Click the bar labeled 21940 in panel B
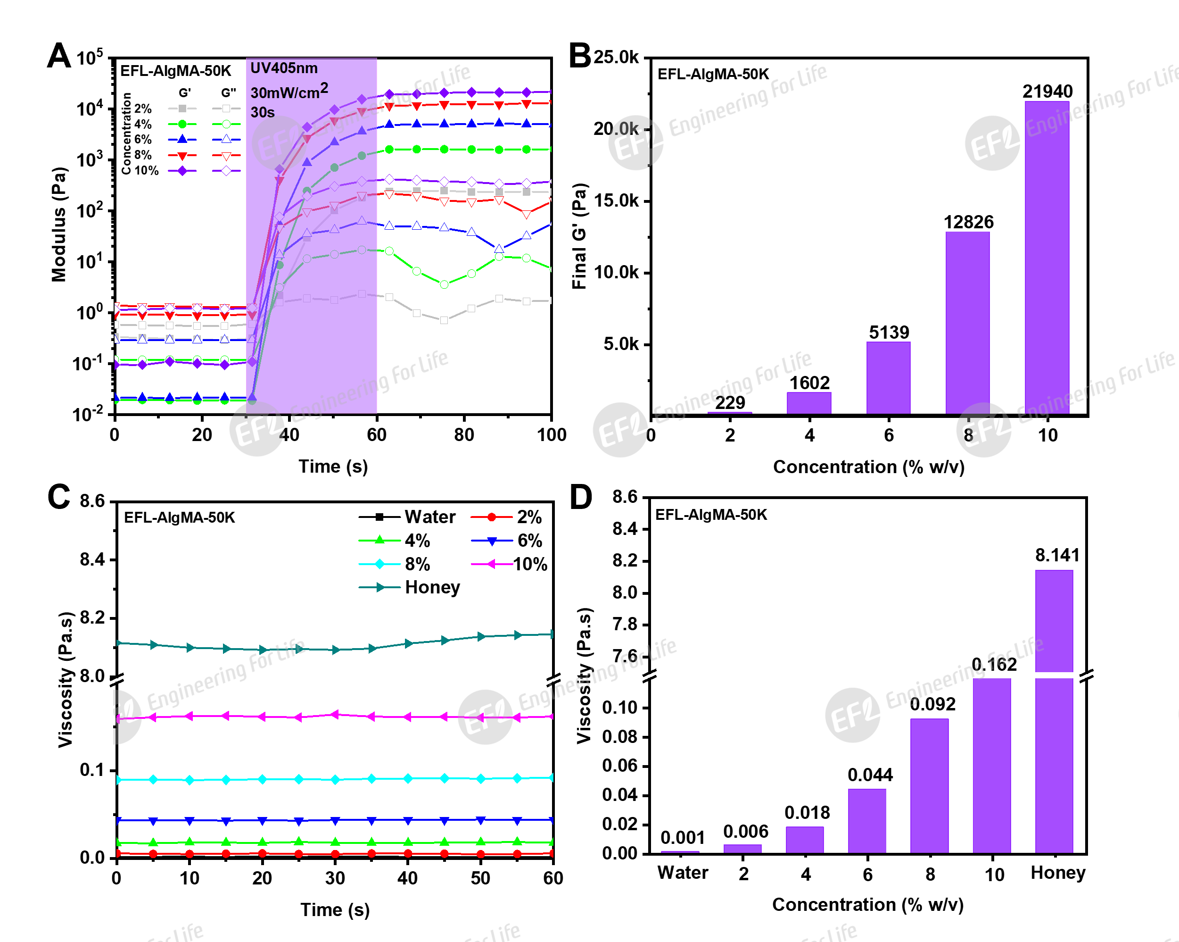(x=1047, y=257)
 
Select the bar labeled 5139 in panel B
(x=888, y=377)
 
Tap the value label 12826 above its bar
(x=968, y=222)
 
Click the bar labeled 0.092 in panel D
(x=929, y=785)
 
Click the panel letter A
(x=59, y=56)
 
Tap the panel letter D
(x=581, y=497)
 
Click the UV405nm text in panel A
(x=284, y=68)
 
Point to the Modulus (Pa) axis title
(x=58, y=224)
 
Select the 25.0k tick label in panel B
(x=616, y=57)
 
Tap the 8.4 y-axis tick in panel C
(x=92, y=559)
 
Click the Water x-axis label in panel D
(x=683, y=873)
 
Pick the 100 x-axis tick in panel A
(x=551, y=435)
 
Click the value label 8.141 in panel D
(x=1057, y=555)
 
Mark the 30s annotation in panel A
(x=263, y=112)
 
